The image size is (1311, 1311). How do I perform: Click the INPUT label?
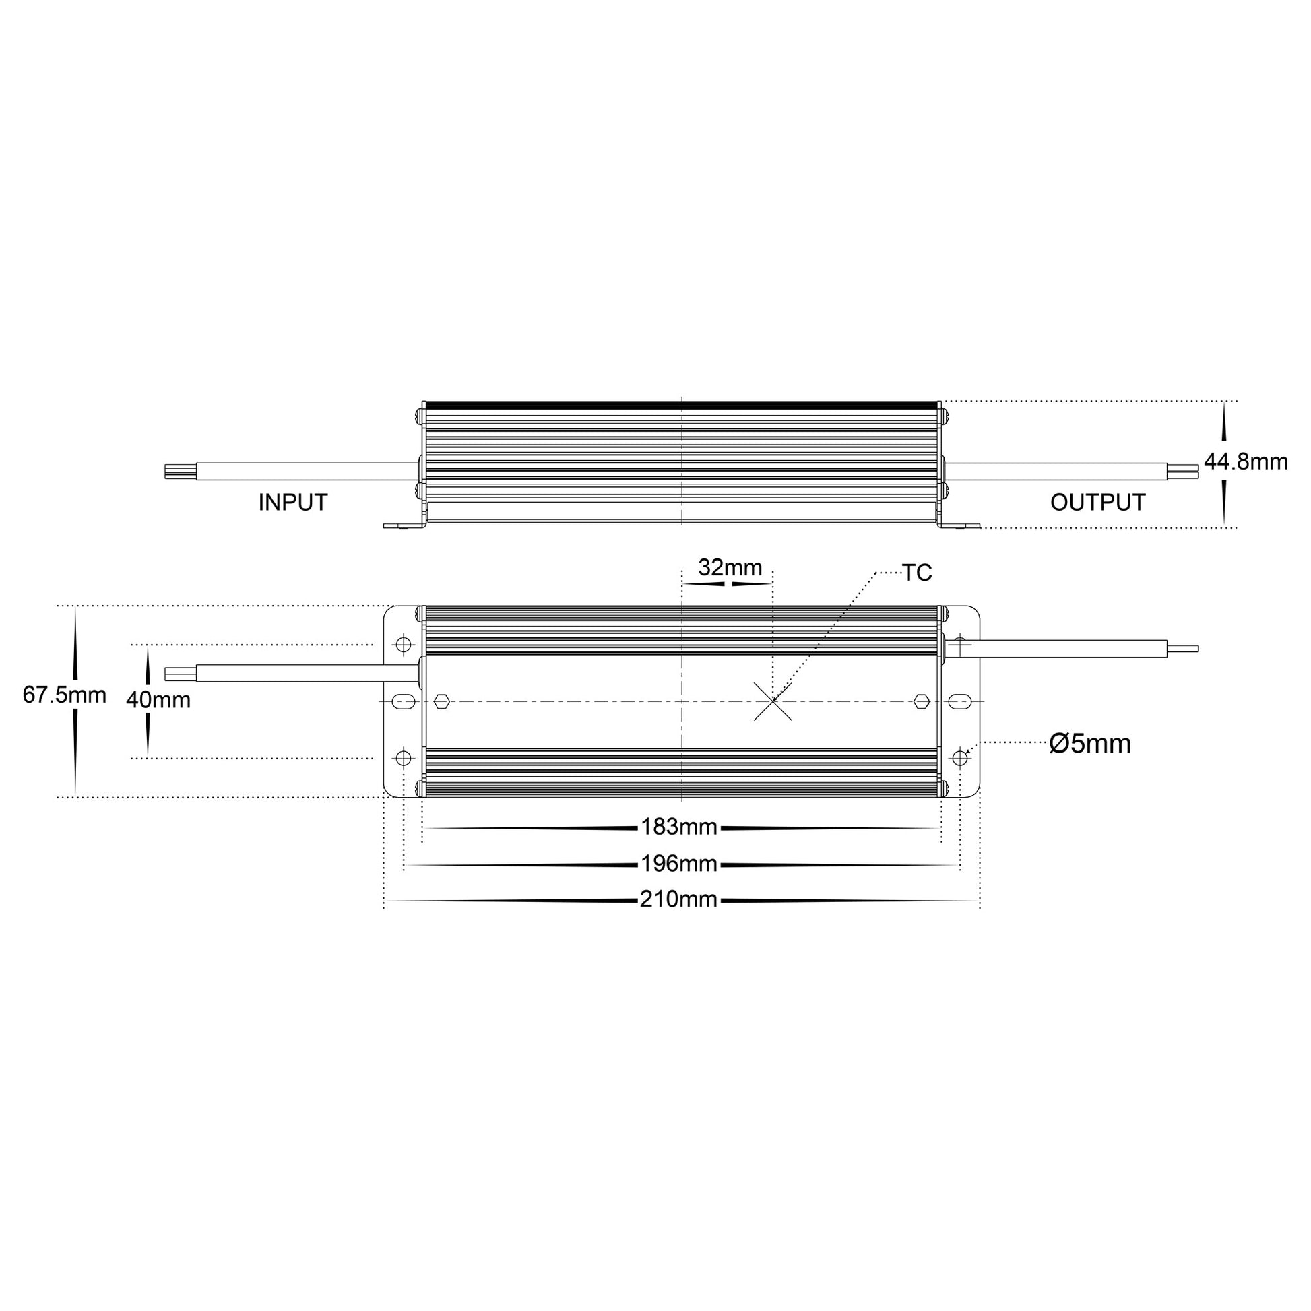pos(293,503)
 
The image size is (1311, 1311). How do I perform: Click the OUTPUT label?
pos(1098,503)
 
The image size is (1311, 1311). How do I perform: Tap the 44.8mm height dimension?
pos(1246,462)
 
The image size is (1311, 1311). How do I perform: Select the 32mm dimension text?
pos(730,567)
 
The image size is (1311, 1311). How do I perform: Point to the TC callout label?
pos(917,573)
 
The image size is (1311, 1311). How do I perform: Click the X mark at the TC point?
pos(773,701)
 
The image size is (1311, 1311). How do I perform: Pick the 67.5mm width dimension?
pos(65,695)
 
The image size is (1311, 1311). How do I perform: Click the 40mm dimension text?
pos(158,699)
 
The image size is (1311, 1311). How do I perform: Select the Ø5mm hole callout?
pos(1090,744)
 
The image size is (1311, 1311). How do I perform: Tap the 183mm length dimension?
pos(679,827)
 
